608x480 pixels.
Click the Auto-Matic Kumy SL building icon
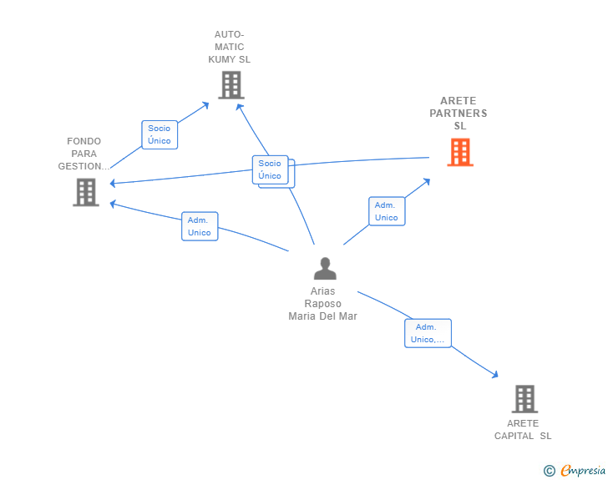[231, 85]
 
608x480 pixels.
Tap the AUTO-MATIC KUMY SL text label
[229, 48]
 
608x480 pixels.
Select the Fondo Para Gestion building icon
[85, 192]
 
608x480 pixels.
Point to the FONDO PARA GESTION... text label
[84, 154]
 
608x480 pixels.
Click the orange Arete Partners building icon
[459, 152]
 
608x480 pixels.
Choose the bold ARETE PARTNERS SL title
[459, 113]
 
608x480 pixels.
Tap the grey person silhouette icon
[324, 268]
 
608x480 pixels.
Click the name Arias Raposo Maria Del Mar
[322, 304]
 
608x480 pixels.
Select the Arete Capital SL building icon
[524, 399]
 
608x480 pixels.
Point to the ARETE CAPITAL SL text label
[523, 430]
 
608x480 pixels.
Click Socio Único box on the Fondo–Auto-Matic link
[160, 134]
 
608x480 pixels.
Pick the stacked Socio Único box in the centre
[271, 170]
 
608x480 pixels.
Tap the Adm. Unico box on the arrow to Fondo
[200, 226]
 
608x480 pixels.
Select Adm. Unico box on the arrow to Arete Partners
[386, 211]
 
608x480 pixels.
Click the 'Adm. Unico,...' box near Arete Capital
[428, 333]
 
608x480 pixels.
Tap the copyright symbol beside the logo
[549, 471]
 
